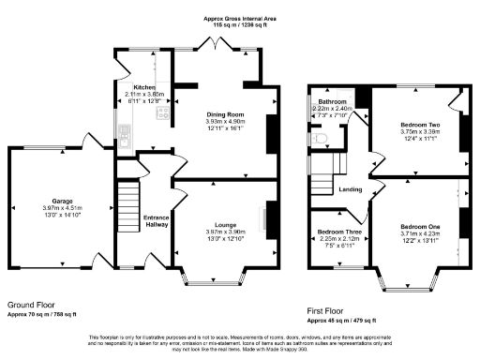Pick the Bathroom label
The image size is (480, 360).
(x=332, y=101)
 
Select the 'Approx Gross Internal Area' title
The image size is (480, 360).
(x=239, y=18)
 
